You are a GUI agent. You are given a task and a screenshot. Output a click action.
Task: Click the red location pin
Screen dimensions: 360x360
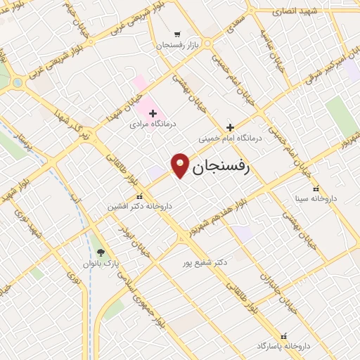pos(181,165)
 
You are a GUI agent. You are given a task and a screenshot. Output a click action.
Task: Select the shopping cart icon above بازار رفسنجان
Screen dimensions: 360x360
pos(176,34)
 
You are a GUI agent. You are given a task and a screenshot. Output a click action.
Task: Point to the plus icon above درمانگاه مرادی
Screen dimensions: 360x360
pos(153,112)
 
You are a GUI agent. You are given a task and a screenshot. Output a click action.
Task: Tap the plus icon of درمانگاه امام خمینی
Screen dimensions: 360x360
pos(230,128)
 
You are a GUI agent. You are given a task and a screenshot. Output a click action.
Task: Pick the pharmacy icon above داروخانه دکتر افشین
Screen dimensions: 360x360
pos(140,197)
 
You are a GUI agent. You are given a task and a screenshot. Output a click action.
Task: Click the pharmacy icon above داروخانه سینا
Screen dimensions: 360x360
pos(315,188)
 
